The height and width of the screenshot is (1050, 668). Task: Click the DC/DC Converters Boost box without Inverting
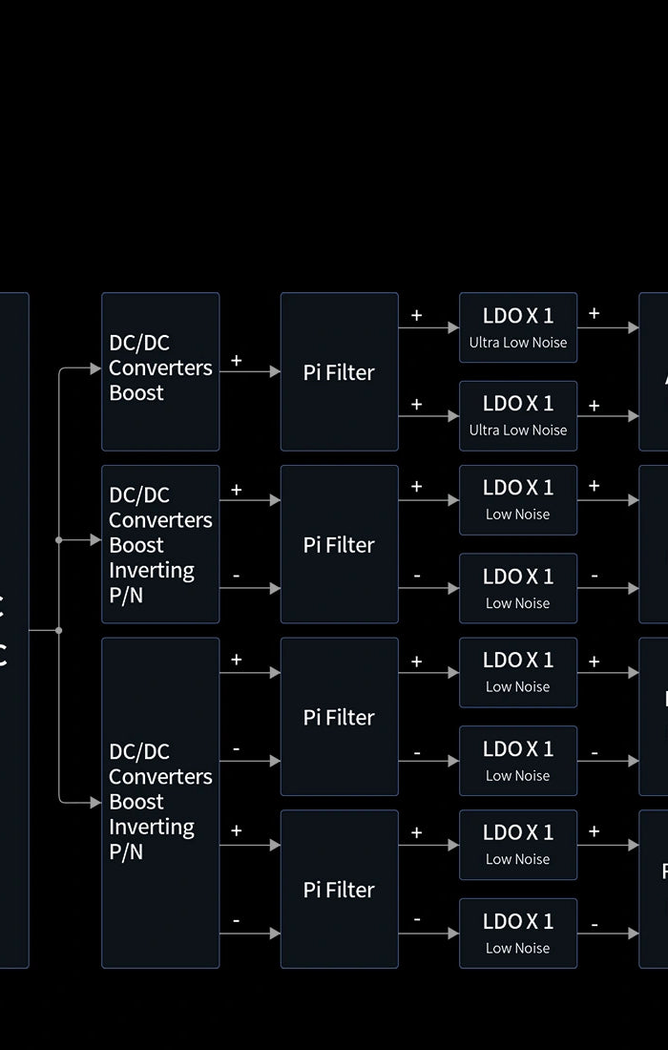point(160,371)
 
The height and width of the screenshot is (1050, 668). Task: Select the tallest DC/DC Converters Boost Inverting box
point(160,802)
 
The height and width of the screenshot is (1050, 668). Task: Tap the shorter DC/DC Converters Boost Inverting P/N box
point(160,544)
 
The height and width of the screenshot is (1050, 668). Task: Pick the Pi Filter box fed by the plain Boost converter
point(339,371)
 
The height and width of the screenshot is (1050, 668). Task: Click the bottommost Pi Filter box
point(339,889)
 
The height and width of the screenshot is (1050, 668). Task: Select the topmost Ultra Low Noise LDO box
point(518,327)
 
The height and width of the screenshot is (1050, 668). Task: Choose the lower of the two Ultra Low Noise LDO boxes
point(518,415)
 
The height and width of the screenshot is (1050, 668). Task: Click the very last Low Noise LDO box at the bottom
point(518,933)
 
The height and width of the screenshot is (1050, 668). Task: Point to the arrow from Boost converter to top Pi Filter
point(250,371)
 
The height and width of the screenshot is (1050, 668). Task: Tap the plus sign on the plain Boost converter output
point(236,361)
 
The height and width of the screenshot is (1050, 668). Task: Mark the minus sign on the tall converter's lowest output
point(236,921)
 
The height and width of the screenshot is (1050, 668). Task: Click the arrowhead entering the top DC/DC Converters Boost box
point(95,368)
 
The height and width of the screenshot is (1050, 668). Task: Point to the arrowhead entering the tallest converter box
point(95,803)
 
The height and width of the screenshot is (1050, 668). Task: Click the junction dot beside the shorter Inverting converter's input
point(59,540)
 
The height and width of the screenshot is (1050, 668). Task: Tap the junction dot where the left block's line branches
point(59,630)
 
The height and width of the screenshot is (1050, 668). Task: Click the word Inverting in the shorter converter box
point(152,570)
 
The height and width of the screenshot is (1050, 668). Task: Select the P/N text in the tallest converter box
point(126,851)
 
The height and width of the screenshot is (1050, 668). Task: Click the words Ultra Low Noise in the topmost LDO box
point(518,343)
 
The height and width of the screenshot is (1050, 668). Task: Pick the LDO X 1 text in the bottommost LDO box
point(518,921)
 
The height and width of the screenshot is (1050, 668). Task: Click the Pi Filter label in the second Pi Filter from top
point(339,545)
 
